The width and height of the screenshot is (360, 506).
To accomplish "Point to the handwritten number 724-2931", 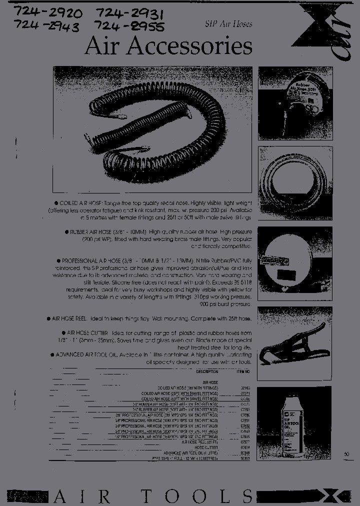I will pyautogui.click(x=130, y=12).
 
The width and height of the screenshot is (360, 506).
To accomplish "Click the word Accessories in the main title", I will pyautogui.click(x=189, y=46).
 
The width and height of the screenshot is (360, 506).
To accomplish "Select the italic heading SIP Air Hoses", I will pyautogui.click(x=228, y=23).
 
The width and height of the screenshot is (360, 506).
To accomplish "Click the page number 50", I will pyautogui.click(x=347, y=454).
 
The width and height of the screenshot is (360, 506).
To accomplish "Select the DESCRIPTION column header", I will pyautogui.click(x=207, y=372).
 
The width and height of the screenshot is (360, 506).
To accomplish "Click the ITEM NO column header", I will pyautogui.click(x=243, y=372).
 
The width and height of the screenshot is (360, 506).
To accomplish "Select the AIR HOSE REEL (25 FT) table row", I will pyautogui.click(x=200, y=442).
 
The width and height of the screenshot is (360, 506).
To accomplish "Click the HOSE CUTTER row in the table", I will pyautogui.click(x=206, y=447).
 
